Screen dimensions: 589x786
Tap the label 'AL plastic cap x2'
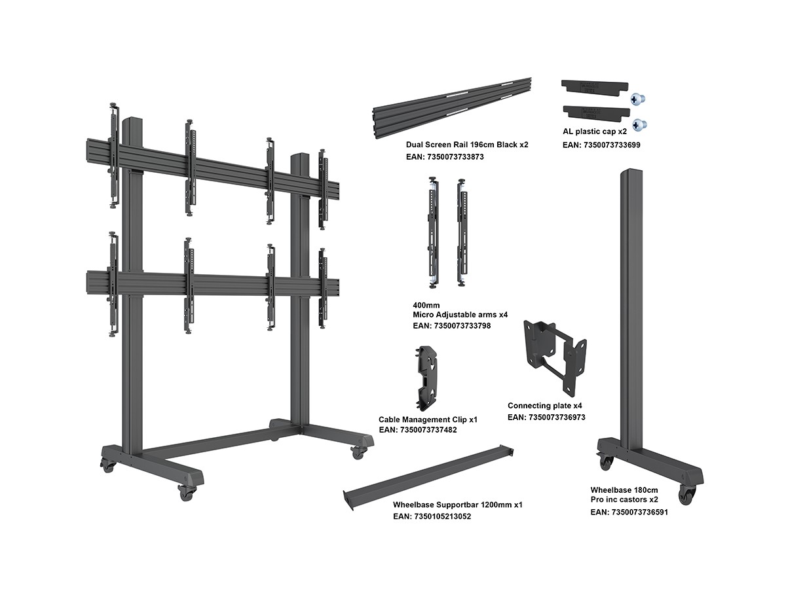tap(595, 131)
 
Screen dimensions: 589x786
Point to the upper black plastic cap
tap(595, 86)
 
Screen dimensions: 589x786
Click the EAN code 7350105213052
tap(432, 516)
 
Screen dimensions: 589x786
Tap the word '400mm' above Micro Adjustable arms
tap(426, 304)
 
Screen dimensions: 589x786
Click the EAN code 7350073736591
tap(629, 512)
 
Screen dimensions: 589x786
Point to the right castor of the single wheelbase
tap(686, 495)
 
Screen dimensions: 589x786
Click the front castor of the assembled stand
tap(187, 493)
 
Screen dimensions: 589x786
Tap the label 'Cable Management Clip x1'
tap(428, 419)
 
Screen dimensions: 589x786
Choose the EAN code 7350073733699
tap(601, 144)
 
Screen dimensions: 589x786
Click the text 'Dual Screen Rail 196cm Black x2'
tap(467, 144)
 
